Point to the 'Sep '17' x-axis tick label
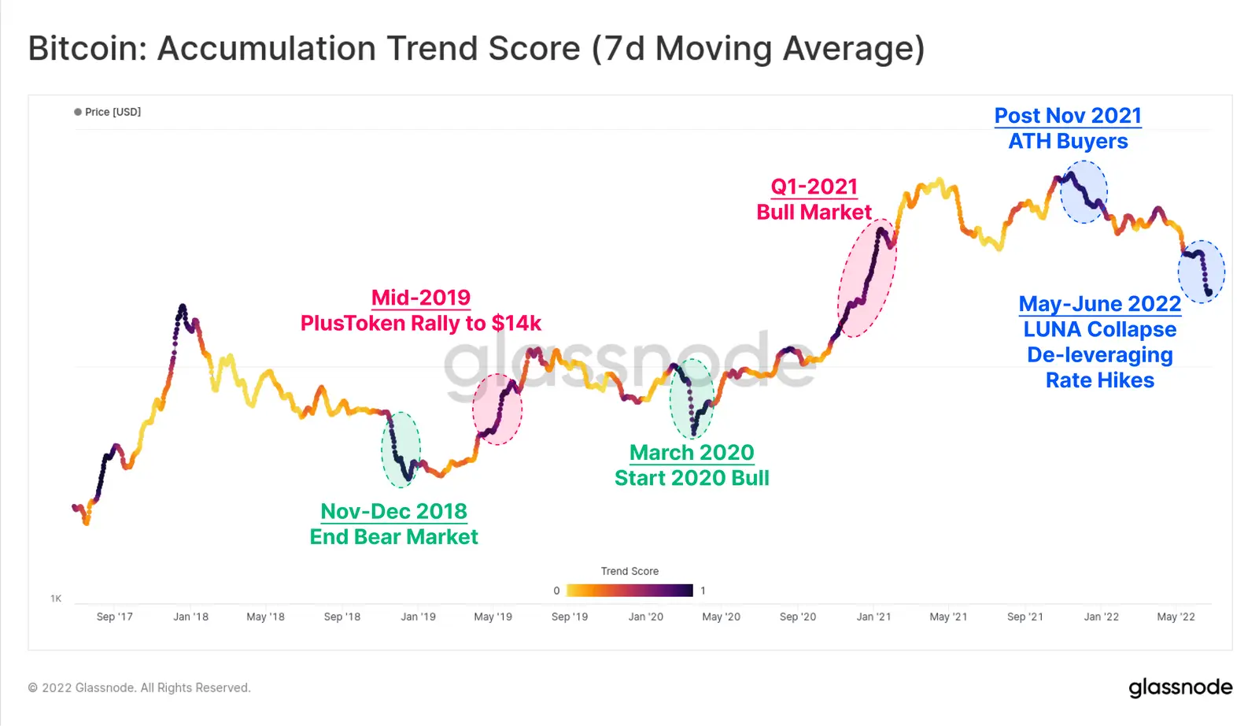point(115,617)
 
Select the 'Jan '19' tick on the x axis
point(418,617)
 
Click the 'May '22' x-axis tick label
point(1176,617)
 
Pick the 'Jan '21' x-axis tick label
point(873,617)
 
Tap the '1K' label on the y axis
point(56,598)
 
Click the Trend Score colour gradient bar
point(629,591)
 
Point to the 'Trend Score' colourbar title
point(629,571)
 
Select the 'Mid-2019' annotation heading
point(421,298)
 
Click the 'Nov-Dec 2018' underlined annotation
point(393,511)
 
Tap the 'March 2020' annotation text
point(692,453)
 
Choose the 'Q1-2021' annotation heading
point(814,187)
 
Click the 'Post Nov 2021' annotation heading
point(1068,116)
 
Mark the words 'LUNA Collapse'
point(1099,329)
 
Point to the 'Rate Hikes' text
point(1099,380)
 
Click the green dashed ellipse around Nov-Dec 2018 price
point(401,449)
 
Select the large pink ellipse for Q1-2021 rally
point(866,278)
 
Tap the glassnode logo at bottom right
point(1180,687)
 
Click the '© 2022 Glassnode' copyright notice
point(139,687)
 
